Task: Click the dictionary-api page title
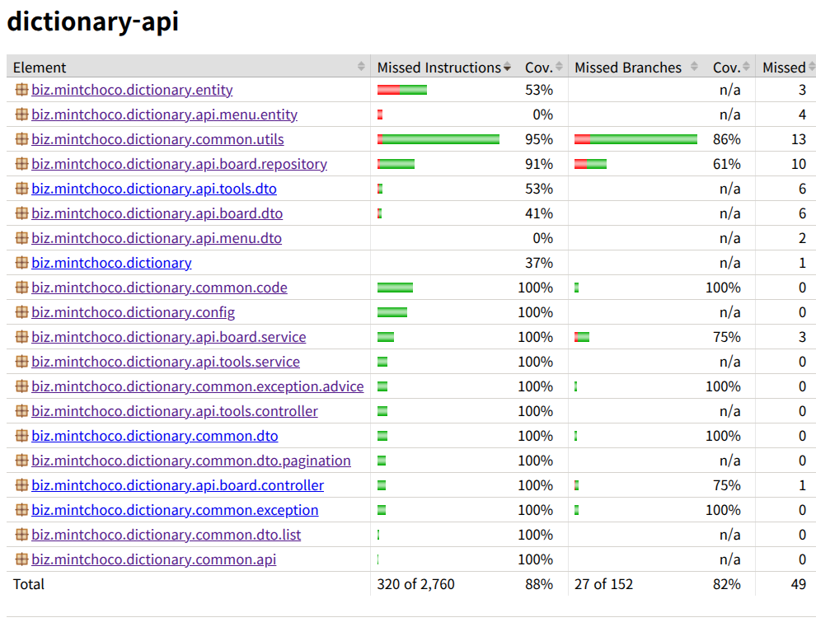click(92, 21)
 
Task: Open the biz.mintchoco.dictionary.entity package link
click(132, 90)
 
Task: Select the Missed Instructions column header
click(438, 68)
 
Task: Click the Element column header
click(40, 68)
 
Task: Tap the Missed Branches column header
click(627, 68)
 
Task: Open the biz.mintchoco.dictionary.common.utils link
click(157, 139)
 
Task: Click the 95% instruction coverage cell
click(538, 139)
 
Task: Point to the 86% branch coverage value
click(726, 139)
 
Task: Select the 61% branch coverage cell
click(726, 164)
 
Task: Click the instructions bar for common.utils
click(438, 139)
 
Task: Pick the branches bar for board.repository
click(591, 164)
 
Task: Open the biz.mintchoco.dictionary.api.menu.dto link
click(156, 238)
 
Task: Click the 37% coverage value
click(538, 263)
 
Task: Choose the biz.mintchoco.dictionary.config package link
click(133, 312)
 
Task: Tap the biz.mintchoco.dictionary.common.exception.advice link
click(197, 386)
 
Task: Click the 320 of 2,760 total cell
click(415, 584)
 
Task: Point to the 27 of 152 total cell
click(603, 584)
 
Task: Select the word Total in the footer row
click(29, 584)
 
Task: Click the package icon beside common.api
click(21, 559)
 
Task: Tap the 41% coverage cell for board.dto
click(538, 213)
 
